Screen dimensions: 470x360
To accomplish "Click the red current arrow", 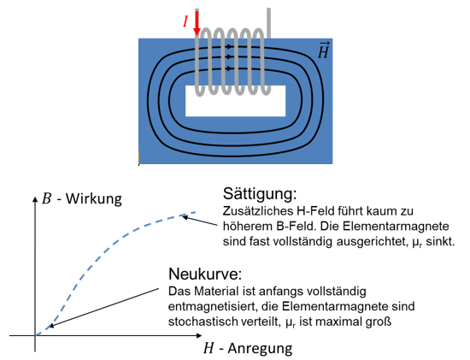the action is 197,23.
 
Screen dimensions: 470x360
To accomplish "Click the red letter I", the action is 185,22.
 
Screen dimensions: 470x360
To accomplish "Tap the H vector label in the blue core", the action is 323,50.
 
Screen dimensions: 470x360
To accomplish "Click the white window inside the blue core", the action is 235,101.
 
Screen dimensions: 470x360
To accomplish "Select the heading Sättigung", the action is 260,194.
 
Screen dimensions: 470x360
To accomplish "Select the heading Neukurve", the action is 205,274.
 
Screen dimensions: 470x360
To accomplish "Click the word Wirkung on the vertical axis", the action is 94,198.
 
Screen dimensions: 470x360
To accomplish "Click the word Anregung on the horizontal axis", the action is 260,349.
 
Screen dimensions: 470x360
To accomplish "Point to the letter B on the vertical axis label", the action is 47,198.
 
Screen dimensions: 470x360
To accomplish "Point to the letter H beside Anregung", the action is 209,348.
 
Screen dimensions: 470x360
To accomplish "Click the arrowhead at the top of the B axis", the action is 35,199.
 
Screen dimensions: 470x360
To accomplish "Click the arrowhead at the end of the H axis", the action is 199,335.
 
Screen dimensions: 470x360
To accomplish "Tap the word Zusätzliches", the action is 258,211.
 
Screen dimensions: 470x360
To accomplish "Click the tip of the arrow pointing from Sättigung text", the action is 183,216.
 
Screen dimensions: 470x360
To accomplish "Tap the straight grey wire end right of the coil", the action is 268,23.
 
